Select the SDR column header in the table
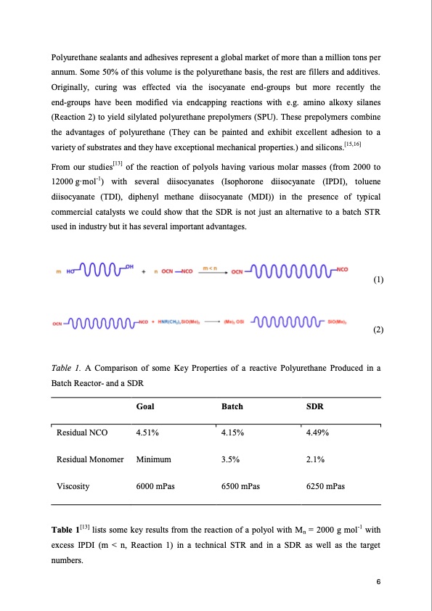coord(314,408)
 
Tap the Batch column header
coord(233,408)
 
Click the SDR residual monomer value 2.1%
coord(316,459)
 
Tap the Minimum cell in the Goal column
coord(153,459)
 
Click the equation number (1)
coord(377,279)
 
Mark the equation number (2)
coord(377,329)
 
